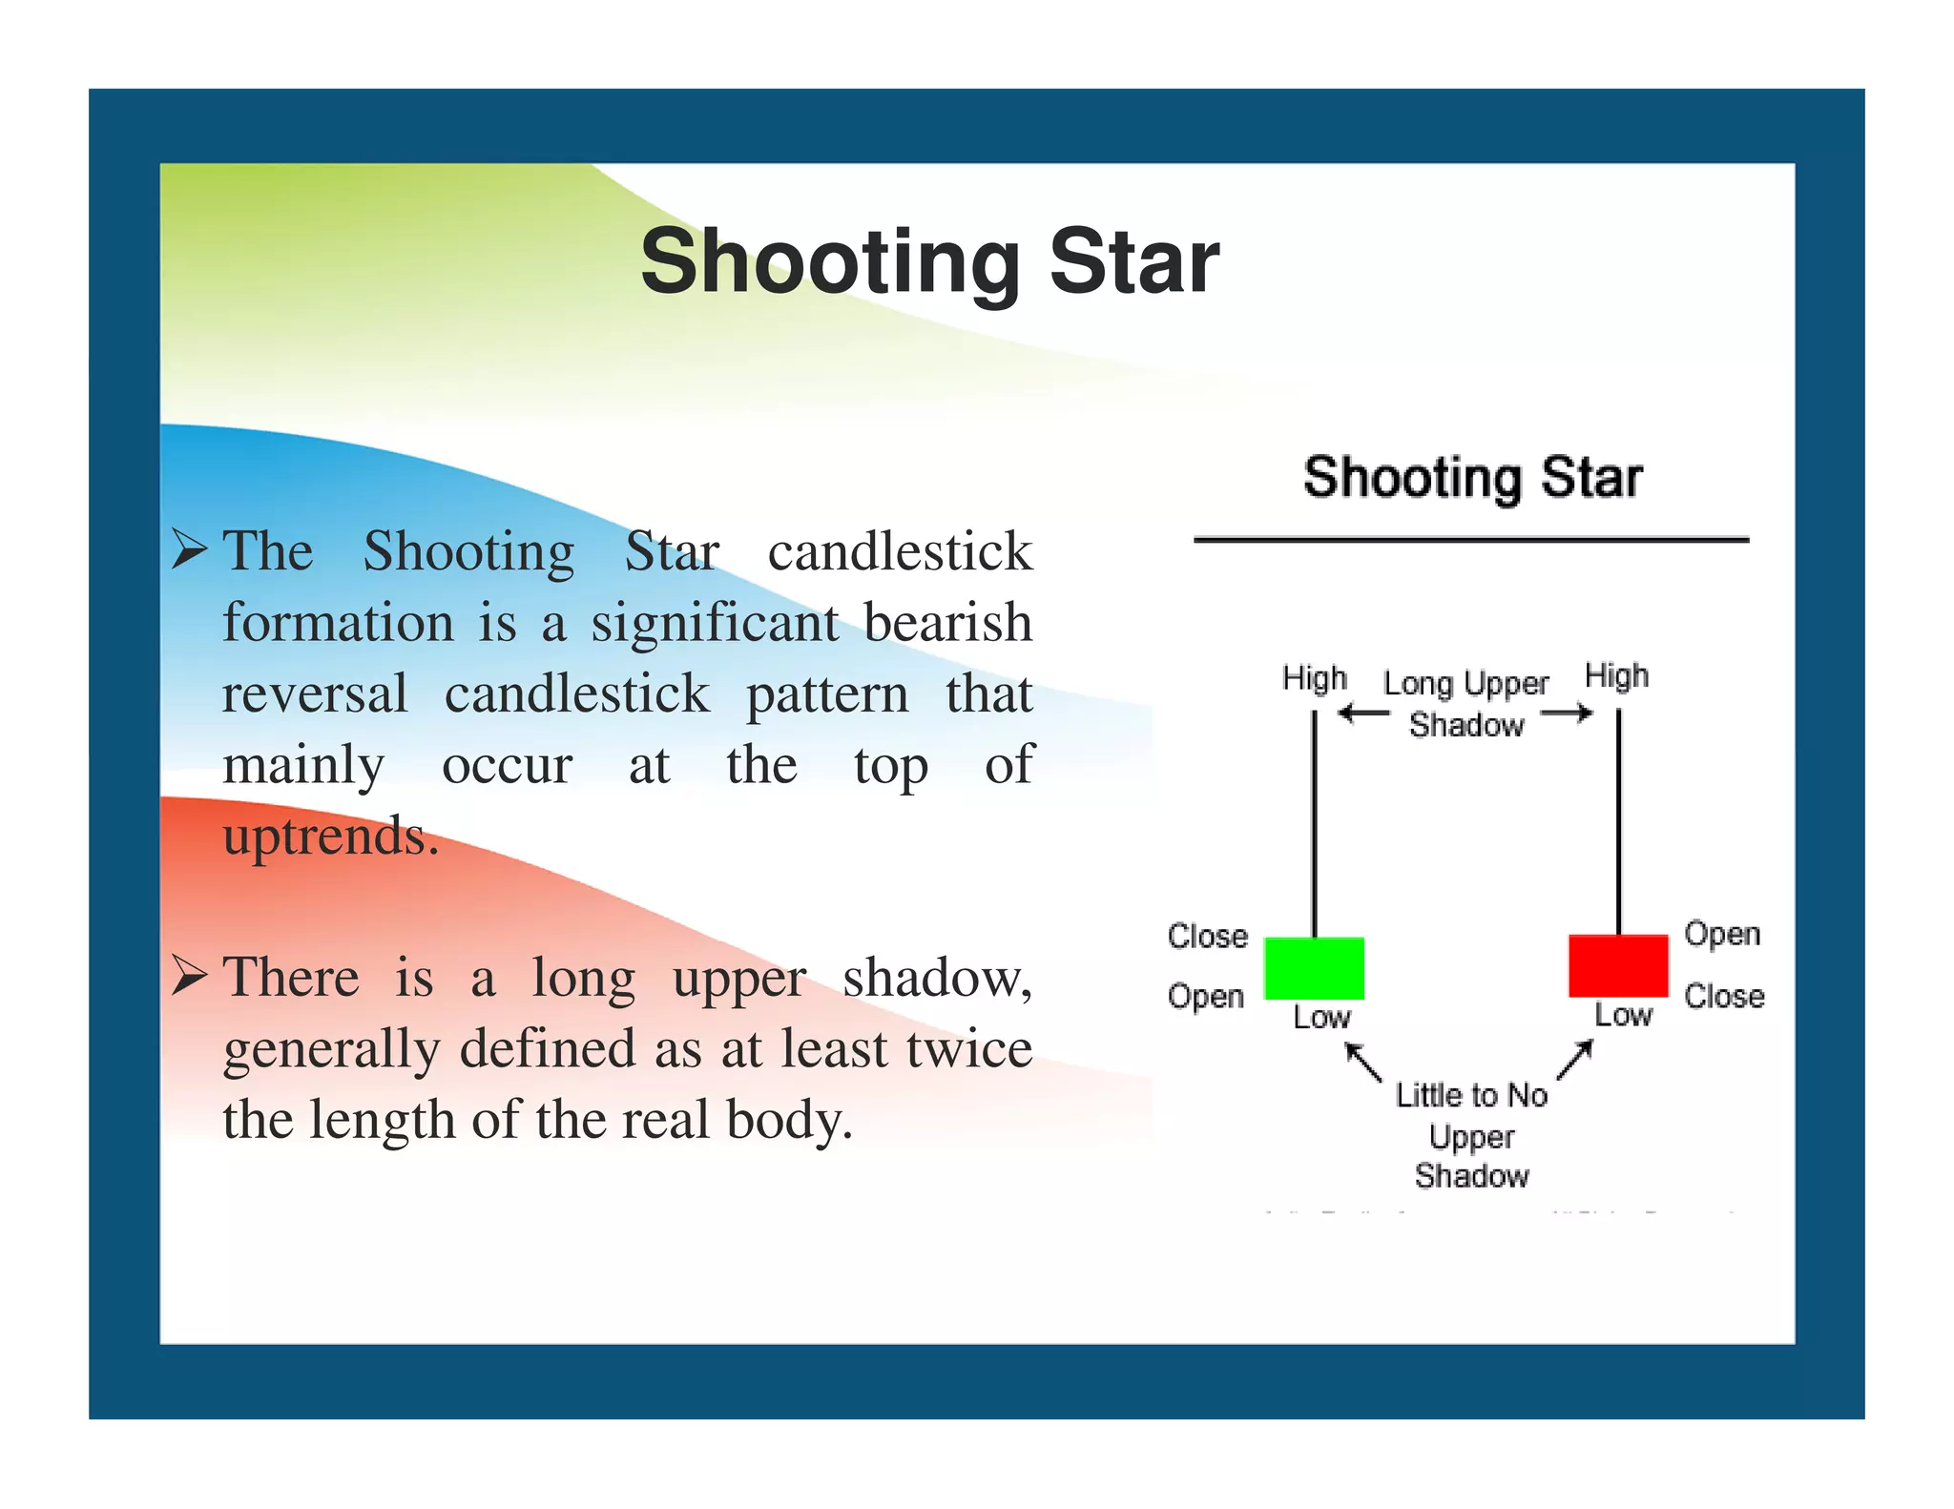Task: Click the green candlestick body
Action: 1314,968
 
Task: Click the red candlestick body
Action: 1618,965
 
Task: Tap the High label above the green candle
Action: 1314,678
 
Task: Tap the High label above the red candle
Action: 1616,675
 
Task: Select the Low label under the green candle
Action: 1321,1017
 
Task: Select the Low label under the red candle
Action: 1623,1014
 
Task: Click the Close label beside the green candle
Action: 1207,936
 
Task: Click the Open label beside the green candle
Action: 1206,996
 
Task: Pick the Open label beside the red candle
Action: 1721,933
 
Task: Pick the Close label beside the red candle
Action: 1723,996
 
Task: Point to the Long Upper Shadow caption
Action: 1466,704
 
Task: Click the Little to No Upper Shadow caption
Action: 1471,1135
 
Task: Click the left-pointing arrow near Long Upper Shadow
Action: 1362,713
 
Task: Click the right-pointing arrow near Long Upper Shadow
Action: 1568,713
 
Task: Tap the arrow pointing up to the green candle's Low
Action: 1362,1062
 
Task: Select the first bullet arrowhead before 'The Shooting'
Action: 189,550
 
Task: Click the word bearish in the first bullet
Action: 947,623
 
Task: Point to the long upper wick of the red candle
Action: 1618,820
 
